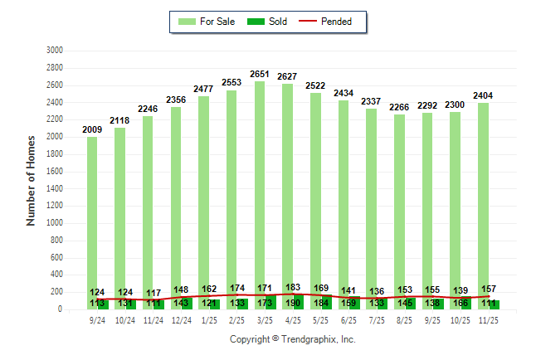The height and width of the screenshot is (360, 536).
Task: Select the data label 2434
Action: point(344,94)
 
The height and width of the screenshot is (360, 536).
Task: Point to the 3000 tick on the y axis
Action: point(55,51)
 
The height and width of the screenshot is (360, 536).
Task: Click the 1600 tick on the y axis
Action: point(55,171)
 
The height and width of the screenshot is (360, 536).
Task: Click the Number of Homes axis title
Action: point(32,180)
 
